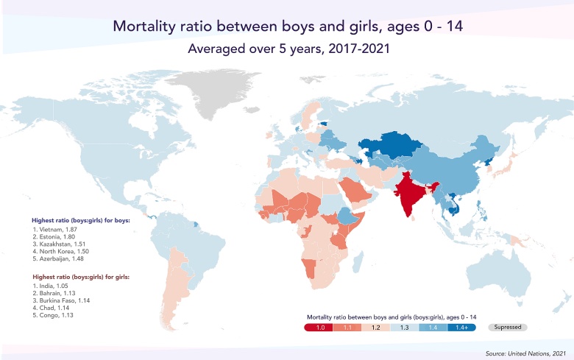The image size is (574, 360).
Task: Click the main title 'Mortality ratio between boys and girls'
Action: (x=288, y=27)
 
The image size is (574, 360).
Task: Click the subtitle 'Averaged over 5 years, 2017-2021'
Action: (x=287, y=50)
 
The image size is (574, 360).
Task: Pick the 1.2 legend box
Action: (x=375, y=326)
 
